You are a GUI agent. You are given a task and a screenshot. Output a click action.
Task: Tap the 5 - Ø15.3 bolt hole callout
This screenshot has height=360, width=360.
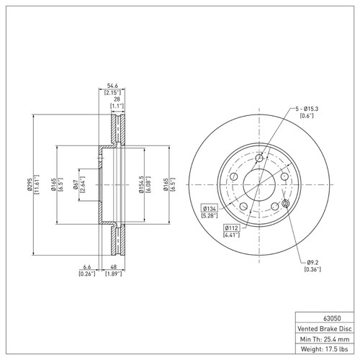point(307,108)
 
